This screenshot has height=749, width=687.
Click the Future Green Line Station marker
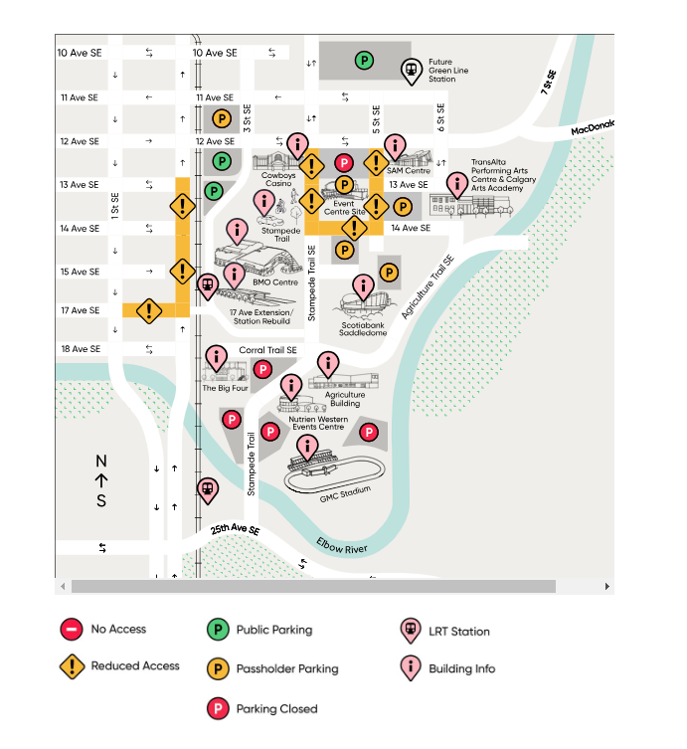coord(411,70)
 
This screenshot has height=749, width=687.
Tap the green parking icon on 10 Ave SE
coord(365,62)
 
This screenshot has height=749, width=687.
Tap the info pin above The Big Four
coord(216,358)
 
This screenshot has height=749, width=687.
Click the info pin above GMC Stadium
coord(308,447)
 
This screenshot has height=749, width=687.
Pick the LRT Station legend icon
coord(410,630)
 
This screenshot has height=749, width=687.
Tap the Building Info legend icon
coord(410,668)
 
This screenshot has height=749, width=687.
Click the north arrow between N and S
coord(100,480)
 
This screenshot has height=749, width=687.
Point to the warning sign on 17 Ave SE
coord(149,310)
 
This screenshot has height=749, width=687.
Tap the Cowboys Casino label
coord(279,180)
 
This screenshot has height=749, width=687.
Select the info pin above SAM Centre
coord(396,145)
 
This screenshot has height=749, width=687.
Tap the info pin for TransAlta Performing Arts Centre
coord(457,184)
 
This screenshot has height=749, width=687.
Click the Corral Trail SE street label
coord(267,351)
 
